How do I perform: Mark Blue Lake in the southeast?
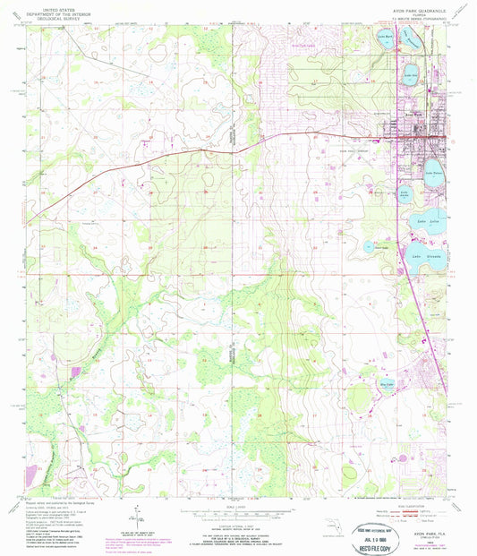363,364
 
